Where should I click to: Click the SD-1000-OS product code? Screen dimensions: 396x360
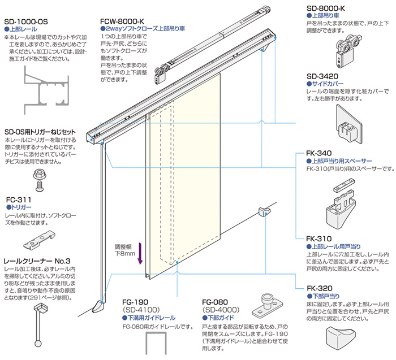26,21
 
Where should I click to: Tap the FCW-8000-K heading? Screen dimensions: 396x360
122,21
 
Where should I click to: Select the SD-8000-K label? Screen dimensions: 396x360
326,8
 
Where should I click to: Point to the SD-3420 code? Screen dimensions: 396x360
322,76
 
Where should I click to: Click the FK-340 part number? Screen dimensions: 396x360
319,153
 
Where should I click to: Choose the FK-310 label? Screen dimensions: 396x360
319,238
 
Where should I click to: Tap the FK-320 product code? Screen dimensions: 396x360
320,288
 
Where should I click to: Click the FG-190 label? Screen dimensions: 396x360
135,302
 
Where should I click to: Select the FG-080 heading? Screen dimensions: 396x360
215,302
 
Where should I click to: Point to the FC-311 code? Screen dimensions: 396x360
19,200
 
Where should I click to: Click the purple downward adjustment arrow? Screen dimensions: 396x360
140,253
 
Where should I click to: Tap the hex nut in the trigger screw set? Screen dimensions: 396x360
40,174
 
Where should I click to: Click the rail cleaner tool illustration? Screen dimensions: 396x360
40,326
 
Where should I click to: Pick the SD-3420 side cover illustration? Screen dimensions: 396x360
349,125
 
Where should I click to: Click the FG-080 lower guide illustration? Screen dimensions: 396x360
268,306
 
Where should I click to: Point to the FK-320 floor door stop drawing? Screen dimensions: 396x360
341,339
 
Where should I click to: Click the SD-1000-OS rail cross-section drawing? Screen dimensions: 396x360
46,90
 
